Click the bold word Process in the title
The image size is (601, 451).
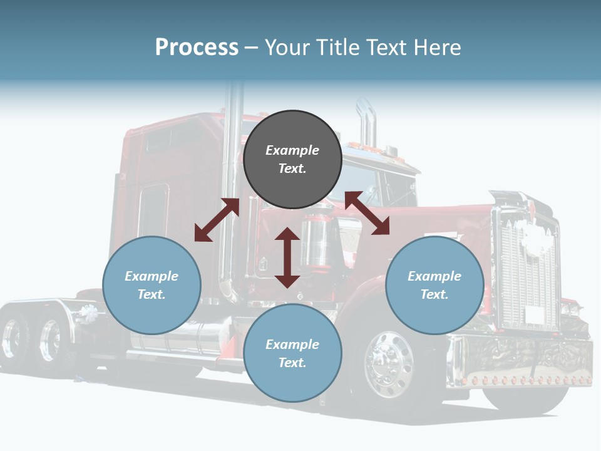tap(197, 47)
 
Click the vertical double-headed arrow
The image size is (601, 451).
tap(287, 258)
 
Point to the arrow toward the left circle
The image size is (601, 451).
tap(217, 220)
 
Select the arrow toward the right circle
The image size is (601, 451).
tap(367, 214)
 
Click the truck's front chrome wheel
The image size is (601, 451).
tap(388, 365)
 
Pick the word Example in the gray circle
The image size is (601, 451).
tap(292, 150)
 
